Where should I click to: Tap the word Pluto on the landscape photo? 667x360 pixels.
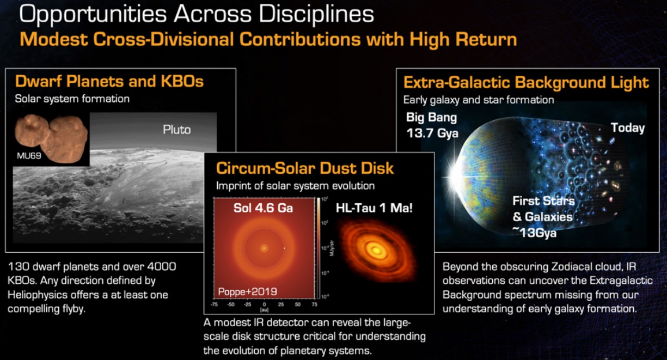[177, 130]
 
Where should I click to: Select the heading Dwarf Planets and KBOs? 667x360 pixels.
[109, 82]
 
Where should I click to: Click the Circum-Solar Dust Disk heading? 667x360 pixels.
[305, 167]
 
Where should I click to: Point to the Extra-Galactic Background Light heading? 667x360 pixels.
[526, 83]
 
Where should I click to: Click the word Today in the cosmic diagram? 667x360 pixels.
[627, 128]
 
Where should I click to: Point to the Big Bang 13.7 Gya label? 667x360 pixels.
[432, 125]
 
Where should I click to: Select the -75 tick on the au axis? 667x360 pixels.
[215, 306]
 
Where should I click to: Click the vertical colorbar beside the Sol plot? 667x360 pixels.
[319, 248]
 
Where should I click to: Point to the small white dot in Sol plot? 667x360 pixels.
[284, 249]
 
